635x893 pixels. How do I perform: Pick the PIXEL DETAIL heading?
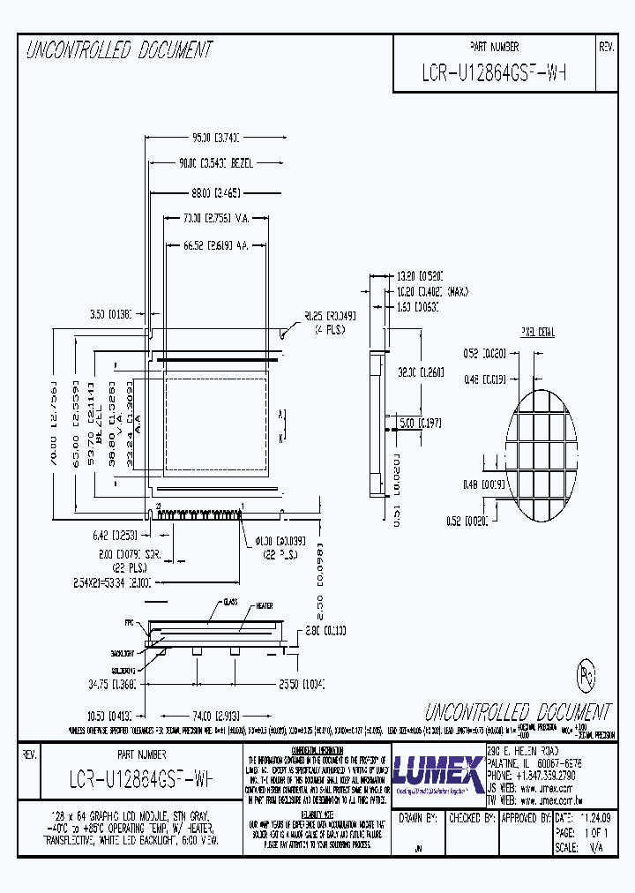[538, 333]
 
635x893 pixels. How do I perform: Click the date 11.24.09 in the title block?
[586, 818]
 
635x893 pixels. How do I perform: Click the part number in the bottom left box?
[141, 780]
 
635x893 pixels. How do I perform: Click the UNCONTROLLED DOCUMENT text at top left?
[119, 51]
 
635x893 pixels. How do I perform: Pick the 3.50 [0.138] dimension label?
[110, 313]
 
